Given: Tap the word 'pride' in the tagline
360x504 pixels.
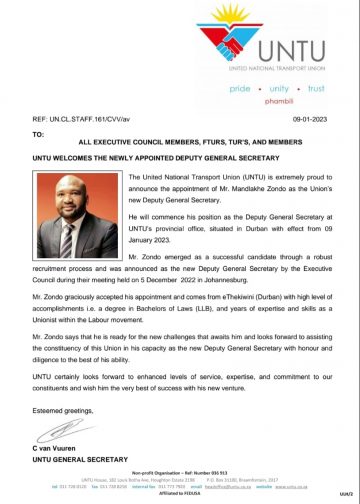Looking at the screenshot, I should (240, 89).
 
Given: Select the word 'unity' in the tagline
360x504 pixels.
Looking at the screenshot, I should (275, 89).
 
